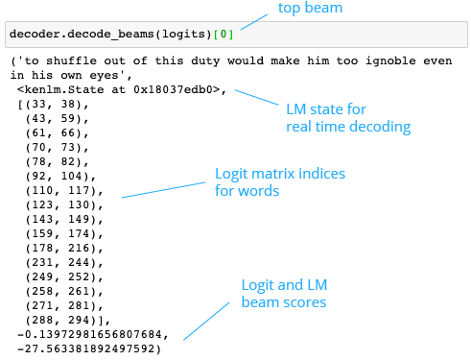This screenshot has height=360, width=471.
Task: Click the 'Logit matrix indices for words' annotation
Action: click(279, 181)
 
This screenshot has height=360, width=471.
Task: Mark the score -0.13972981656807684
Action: click(93, 333)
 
